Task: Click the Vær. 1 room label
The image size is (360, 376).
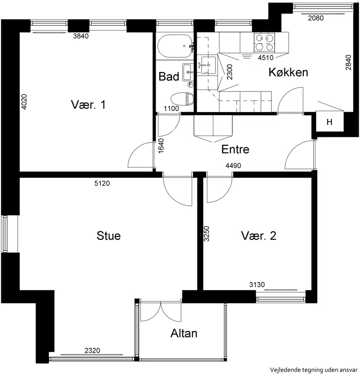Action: pyautogui.click(x=88, y=104)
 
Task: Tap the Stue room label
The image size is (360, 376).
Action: pyautogui.click(x=108, y=236)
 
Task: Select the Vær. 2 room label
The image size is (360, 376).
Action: pyautogui.click(x=259, y=236)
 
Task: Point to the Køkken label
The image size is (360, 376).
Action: pyautogui.click(x=288, y=72)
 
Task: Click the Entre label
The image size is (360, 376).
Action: pyautogui.click(x=235, y=149)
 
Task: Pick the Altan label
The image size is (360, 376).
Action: pyautogui.click(x=184, y=333)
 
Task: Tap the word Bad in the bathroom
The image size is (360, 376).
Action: pyautogui.click(x=169, y=77)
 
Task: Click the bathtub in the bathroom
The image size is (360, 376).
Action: pyautogui.click(x=175, y=46)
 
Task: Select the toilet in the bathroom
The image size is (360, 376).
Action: pyautogui.click(x=182, y=99)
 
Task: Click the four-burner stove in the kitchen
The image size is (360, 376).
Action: pyautogui.click(x=264, y=42)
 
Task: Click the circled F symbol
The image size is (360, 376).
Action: pyautogui.click(x=190, y=84)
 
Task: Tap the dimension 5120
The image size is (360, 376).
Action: pyautogui.click(x=102, y=183)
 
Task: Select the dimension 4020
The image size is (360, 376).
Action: pyautogui.click(x=24, y=102)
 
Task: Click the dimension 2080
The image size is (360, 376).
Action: pyautogui.click(x=315, y=18)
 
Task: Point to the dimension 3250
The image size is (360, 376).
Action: pyautogui.click(x=207, y=234)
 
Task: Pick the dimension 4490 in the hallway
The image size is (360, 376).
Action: pyautogui.click(x=233, y=165)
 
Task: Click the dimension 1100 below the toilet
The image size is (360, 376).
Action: pyautogui.click(x=171, y=109)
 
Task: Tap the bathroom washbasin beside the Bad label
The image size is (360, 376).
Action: pyautogui.click(x=188, y=72)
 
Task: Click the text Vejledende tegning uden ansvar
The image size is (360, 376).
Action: pyautogui.click(x=314, y=370)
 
